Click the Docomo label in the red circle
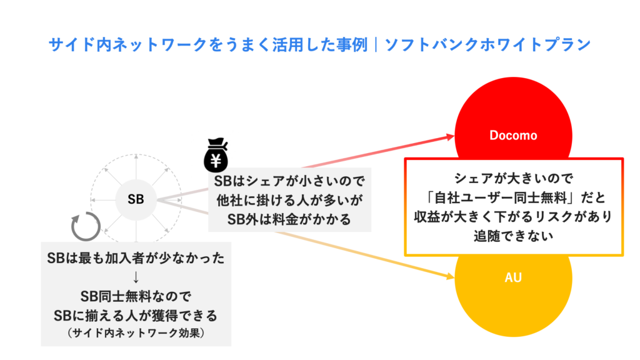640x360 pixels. coord(513,135)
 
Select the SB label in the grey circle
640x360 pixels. coord(136,199)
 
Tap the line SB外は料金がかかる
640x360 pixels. coord(289,219)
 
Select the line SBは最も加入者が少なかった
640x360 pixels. coord(136,257)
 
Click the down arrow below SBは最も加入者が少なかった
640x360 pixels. coord(136,276)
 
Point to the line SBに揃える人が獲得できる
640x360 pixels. coord(136,312)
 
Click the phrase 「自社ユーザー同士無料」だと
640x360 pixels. coord(514,197)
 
